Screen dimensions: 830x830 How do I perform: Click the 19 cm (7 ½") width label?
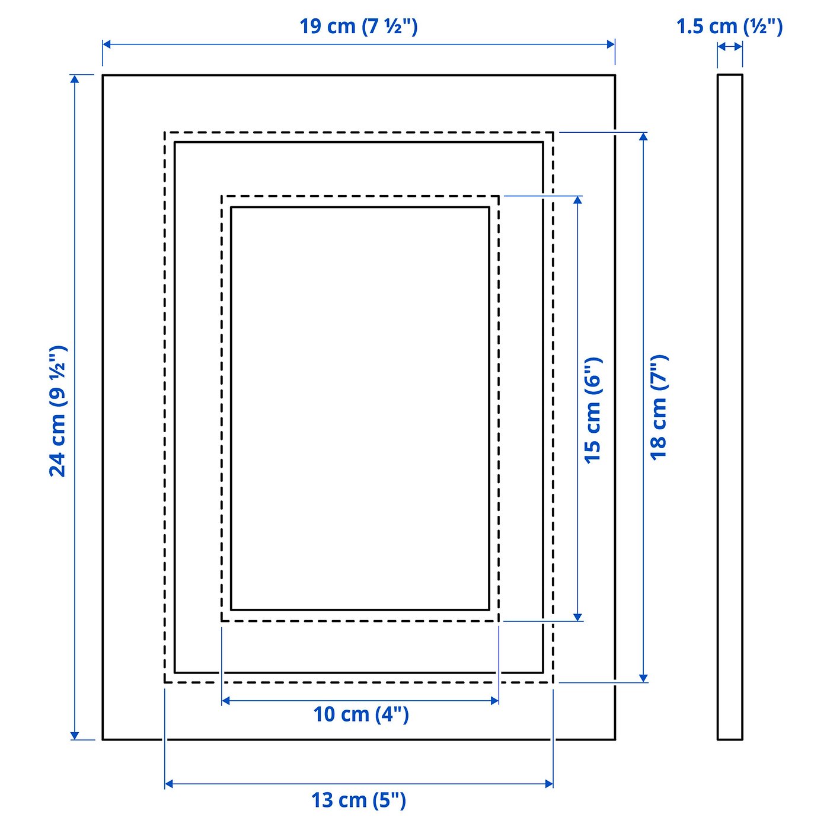point(358,26)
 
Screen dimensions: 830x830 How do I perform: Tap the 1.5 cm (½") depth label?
point(729,26)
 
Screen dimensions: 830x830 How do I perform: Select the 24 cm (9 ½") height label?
point(58,410)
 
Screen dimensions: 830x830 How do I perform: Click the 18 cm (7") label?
point(659,407)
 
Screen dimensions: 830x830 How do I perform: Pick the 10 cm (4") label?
point(360,714)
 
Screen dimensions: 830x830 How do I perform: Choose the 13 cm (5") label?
point(359,800)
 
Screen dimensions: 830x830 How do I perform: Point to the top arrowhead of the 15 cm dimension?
point(577,200)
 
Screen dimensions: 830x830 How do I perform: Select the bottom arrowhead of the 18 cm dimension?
point(643,678)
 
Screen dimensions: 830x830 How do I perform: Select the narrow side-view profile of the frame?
point(730,407)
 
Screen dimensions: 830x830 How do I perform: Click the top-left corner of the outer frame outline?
point(103,75)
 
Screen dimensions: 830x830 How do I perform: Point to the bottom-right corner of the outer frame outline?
point(615,739)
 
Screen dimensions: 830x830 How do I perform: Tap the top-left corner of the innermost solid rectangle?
point(231,207)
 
